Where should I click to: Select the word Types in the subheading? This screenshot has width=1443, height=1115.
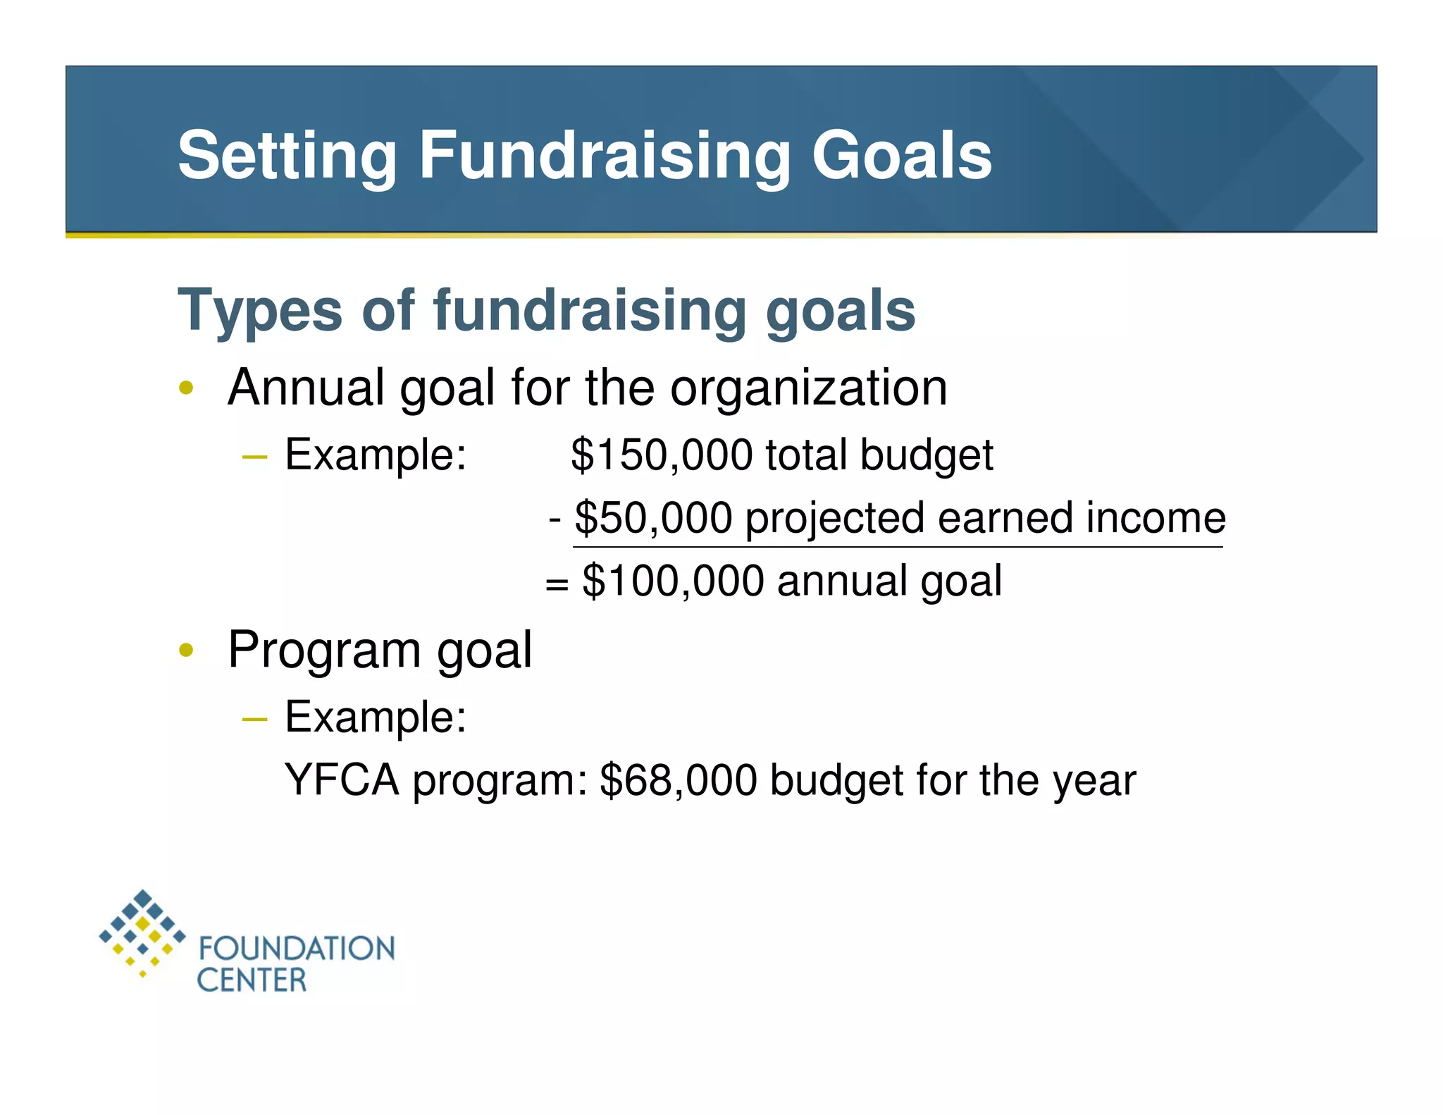click(x=259, y=312)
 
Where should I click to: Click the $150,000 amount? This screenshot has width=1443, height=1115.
click(x=661, y=455)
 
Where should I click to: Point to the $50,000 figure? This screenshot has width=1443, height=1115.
click(x=653, y=518)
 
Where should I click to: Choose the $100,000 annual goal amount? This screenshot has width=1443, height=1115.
click(x=673, y=581)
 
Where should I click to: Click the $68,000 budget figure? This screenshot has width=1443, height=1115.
click(x=678, y=780)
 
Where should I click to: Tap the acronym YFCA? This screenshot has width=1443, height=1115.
click(x=342, y=780)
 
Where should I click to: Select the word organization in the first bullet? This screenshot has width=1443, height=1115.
click(x=808, y=388)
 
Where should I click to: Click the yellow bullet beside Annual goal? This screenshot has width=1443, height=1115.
click(x=186, y=388)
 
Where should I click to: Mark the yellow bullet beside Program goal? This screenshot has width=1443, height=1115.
click(x=186, y=650)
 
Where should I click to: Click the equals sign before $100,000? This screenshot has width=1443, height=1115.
click(x=556, y=584)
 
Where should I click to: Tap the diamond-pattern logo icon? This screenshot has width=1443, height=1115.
click(x=142, y=932)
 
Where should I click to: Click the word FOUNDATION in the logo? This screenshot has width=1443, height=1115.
click(x=297, y=949)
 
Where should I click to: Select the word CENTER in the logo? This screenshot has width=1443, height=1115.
click(x=252, y=980)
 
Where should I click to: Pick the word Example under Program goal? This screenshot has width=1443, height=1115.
click(x=375, y=717)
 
